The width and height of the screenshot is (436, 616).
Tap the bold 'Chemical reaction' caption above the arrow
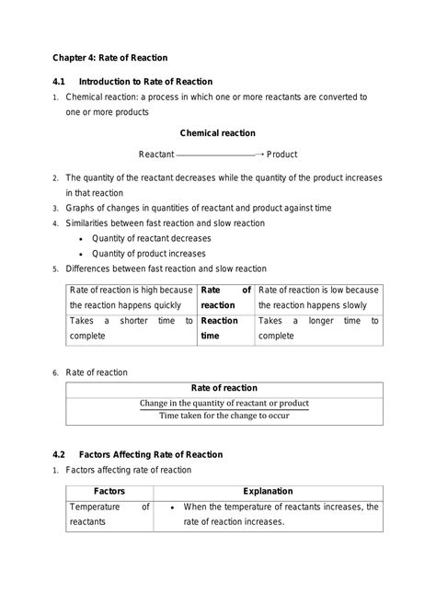coord(217,132)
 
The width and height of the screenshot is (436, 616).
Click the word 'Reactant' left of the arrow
coord(155,154)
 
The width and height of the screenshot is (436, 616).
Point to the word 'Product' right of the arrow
coord(281,154)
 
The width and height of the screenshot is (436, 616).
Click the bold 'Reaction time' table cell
coord(220,328)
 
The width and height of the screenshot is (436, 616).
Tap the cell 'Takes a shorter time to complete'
coord(131,328)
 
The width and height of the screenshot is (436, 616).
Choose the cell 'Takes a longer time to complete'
coord(317,328)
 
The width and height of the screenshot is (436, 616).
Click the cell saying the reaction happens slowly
coord(317,298)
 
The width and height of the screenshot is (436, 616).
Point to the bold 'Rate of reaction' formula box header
coord(224,387)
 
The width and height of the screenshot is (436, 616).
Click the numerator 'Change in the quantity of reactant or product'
coord(224,403)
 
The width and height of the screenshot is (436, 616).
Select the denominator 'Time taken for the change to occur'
coord(224,416)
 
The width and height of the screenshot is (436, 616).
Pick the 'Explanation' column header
coord(268,491)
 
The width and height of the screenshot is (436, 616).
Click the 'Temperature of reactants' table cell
coord(109,514)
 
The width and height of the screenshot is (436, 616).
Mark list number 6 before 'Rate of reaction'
coord(56,372)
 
